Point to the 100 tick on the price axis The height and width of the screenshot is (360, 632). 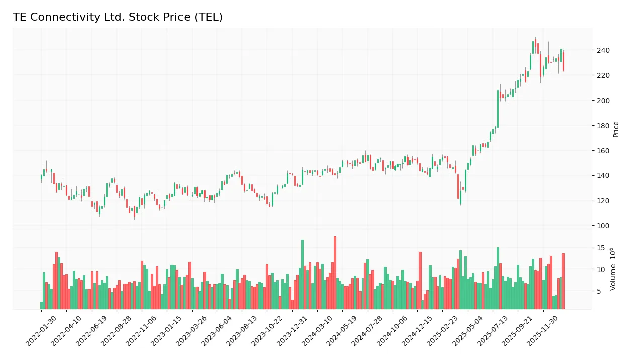pyautogui.click(x=602, y=226)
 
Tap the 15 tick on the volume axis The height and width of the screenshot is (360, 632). pyautogui.click(x=600, y=248)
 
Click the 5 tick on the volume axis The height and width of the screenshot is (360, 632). pyautogui.click(x=599, y=291)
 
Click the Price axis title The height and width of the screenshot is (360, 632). pyautogui.click(x=616, y=129)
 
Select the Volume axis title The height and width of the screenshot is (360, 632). pyautogui.click(x=613, y=269)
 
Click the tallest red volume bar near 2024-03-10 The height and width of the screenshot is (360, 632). pyautogui.click(x=335, y=273)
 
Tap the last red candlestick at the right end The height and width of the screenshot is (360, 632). pyautogui.click(x=563, y=61)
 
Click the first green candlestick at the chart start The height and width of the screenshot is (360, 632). pyautogui.click(x=41, y=177)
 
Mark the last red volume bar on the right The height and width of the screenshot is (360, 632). pyautogui.click(x=563, y=281)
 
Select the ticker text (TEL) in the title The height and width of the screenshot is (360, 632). pyautogui.click(x=211, y=17)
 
